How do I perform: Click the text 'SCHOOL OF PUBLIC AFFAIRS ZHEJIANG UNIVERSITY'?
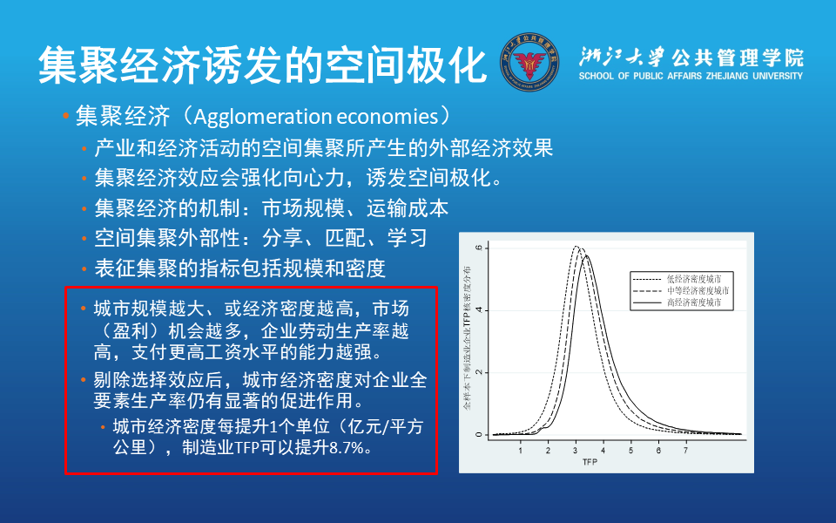click(690, 77)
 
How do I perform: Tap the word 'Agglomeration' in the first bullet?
click(255, 116)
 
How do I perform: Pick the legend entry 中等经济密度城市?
click(698, 290)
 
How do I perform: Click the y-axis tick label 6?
click(477, 248)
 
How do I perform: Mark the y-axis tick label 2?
click(477, 372)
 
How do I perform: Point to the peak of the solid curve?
click(586, 255)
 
